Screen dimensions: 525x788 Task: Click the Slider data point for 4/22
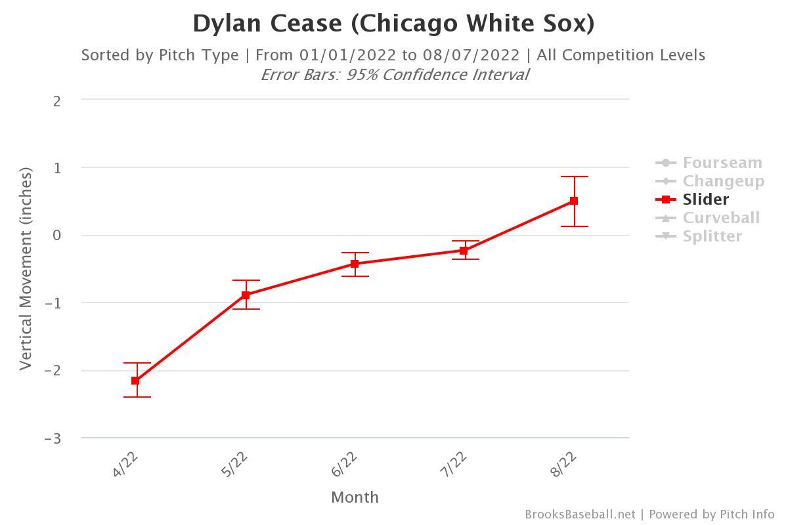(x=135, y=381)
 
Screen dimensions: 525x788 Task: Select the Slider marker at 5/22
(x=246, y=295)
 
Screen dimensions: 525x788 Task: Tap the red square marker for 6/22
(x=355, y=264)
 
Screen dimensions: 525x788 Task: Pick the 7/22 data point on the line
(x=464, y=251)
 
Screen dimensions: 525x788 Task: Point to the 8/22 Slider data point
(x=574, y=201)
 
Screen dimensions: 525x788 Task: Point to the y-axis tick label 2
(x=58, y=101)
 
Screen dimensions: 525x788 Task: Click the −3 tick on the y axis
(x=53, y=438)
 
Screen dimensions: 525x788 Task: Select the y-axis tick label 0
(x=58, y=236)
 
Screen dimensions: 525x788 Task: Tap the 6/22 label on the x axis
(x=345, y=464)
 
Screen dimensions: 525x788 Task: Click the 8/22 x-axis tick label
(x=564, y=464)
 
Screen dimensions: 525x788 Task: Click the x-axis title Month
(x=355, y=497)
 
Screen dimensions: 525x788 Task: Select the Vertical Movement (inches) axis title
(x=26, y=268)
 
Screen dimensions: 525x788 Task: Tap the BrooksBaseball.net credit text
(x=580, y=514)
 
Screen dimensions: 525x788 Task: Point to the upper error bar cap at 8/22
(x=574, y=177)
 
